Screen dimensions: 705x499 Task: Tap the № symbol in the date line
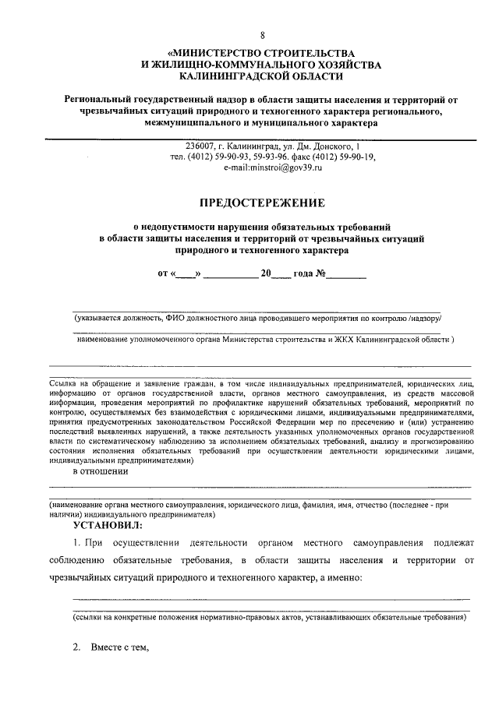tap(321, 273)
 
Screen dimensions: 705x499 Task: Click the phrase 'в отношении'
tap(100, 471)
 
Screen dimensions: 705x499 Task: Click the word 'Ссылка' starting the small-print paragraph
tap(65, 383)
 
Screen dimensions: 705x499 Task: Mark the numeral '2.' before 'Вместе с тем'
tap(76, 647)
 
